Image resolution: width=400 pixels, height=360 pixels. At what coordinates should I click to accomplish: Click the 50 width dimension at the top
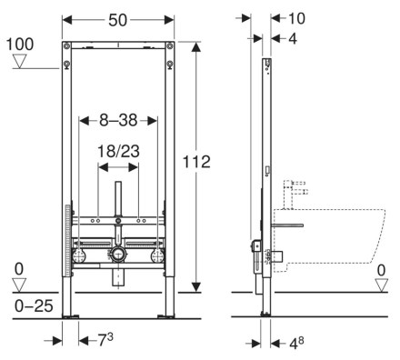[117, 20]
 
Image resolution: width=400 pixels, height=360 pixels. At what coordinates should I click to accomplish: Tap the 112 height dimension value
[196, 162]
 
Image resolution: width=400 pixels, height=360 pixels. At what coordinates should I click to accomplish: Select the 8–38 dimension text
[118, 120]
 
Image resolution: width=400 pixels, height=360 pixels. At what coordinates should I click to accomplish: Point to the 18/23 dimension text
[118, 151]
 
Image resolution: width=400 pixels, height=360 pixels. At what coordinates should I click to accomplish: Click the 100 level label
[20, 45]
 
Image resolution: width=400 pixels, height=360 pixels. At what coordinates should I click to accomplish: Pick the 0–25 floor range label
[34, 306]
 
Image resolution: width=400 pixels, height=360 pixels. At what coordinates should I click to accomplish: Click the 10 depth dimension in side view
[296, 18]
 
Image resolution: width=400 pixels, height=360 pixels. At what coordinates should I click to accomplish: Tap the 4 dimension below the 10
[293, 39]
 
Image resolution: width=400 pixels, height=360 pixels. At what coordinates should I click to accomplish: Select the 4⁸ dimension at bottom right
[296, 343]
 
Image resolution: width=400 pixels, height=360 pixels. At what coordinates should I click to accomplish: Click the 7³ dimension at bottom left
[105, 340]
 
